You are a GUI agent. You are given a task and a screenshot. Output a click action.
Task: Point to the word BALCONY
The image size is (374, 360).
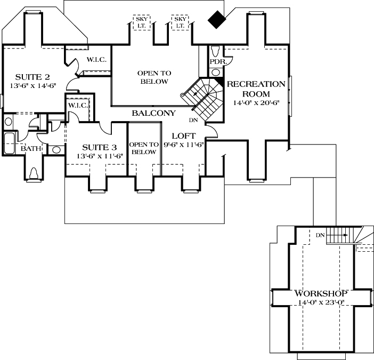[154, 113]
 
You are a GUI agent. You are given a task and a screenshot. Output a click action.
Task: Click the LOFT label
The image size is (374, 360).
[184, 135]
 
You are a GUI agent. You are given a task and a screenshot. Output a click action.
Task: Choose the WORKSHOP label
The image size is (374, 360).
[321, 294]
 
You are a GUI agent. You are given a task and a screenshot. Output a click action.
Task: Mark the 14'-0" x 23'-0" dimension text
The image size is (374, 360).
[321, 303]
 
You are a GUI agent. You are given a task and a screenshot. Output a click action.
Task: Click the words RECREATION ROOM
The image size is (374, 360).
[256, 89]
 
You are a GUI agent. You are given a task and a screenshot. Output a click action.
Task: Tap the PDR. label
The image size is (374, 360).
[218, 62]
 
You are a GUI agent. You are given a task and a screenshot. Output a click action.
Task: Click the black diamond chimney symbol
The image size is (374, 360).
[217, 20]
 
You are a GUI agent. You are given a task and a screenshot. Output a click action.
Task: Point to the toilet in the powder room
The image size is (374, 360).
[216, 51]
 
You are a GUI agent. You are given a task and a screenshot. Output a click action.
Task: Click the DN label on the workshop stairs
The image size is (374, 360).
[320, 235]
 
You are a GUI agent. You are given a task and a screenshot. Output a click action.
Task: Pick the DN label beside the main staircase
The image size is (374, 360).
[192, 119]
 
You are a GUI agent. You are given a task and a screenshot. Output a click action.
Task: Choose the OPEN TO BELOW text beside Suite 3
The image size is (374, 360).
[144, 148]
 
